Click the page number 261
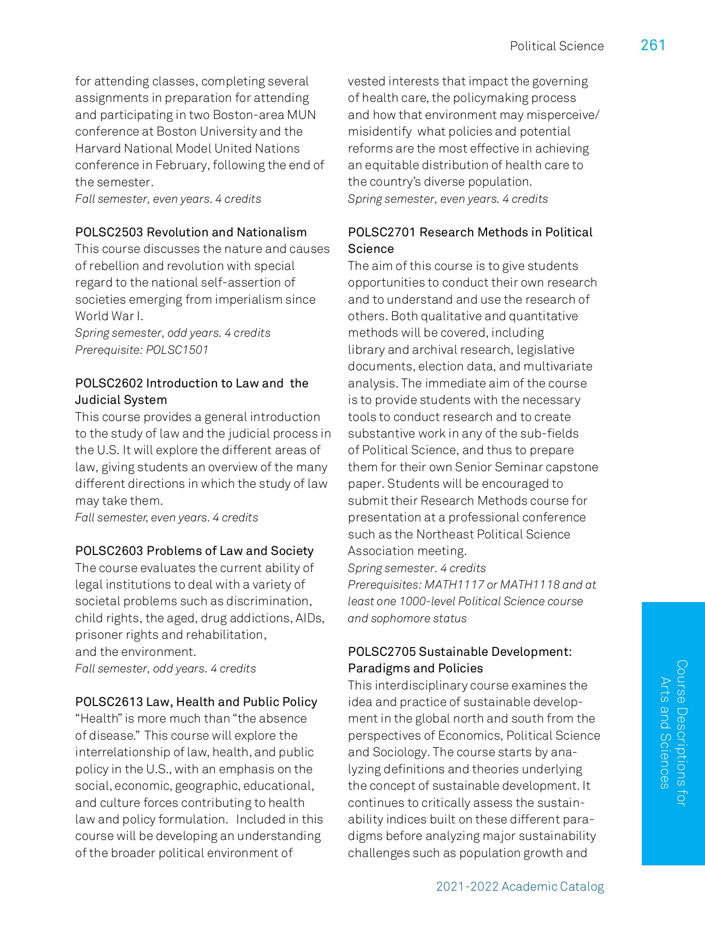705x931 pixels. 653,46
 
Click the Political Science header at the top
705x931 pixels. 556,46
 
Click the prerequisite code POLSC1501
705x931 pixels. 177,350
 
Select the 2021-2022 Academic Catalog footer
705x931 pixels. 520,887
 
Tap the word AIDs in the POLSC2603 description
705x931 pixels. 310,618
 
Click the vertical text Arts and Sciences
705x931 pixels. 665,733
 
